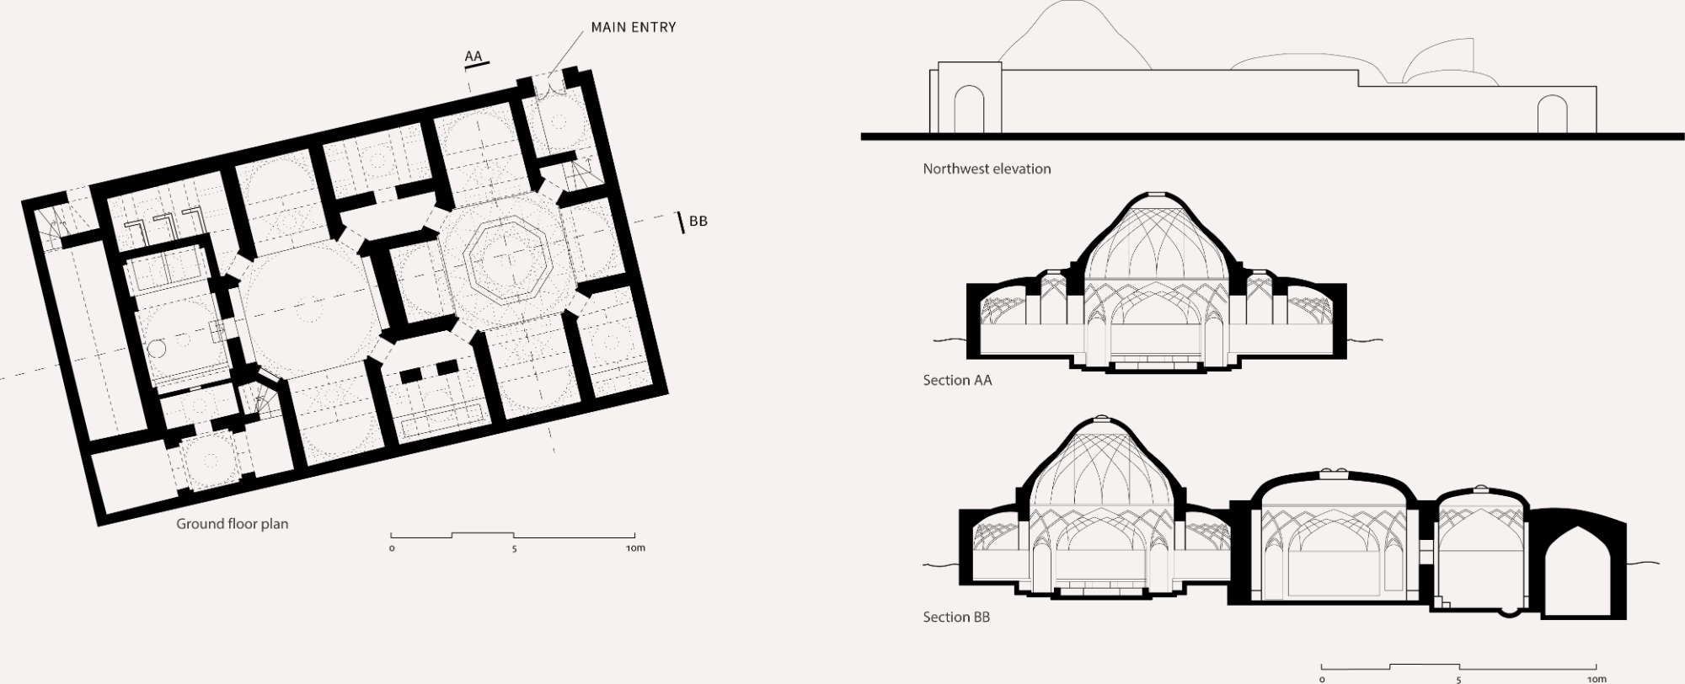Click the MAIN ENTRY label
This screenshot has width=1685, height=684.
pyautogui.click(x=634, y=27)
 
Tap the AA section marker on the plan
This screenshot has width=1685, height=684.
pyautogui.click(x=473, y=56)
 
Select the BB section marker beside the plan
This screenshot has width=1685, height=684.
pyautogui.click(x=698, y=221)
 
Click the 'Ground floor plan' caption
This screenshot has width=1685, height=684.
pyautogui.click(x=232, y=523)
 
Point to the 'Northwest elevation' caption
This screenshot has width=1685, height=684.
pyautogui.click(x=987, y=168)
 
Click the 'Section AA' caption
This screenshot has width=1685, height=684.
pyautogui.click(x=957, y=380)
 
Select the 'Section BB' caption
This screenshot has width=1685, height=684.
pyautogui.click(x=956, y=617)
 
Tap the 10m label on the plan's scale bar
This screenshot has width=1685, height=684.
pyautogui.click(x=635, y=548)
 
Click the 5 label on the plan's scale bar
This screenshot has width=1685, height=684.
pyautogui.click(x=514, y=548)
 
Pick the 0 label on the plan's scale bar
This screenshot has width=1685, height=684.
pyautogui.click(x=392, y=548)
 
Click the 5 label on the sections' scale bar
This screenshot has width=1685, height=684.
pyautogui.click(x=1459, y=679)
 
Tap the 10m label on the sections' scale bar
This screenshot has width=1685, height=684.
pyautogui.click(x=1597, y=679)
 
